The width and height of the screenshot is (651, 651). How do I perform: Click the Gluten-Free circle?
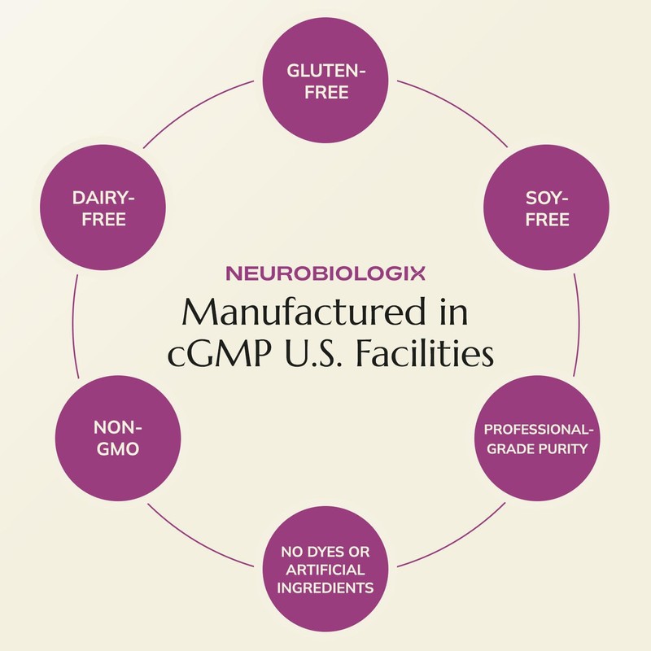tap(326, 81)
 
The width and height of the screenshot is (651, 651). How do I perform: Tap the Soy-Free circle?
tap(546, 208)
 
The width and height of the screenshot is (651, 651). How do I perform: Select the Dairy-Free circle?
tap(103, 208)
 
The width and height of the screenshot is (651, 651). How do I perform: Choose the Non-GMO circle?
tap(118, 438)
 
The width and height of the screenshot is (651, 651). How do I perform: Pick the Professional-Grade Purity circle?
tap(537, 438)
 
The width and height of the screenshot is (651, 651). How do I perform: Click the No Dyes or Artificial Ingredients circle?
tap(326, 569)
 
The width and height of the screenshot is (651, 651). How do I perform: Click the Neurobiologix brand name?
tap(325, 273)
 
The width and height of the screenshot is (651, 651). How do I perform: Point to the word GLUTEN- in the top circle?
tap(326, 71)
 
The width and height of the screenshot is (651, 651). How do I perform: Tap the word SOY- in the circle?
tap(547, 198)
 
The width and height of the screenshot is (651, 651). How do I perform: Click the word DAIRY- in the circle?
tap(103, 198)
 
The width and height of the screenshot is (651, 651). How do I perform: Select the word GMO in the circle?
tap(118, 449)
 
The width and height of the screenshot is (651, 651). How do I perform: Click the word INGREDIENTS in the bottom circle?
tap(325, 588)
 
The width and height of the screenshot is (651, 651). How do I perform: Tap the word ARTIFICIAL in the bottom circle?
tap(325, 570)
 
